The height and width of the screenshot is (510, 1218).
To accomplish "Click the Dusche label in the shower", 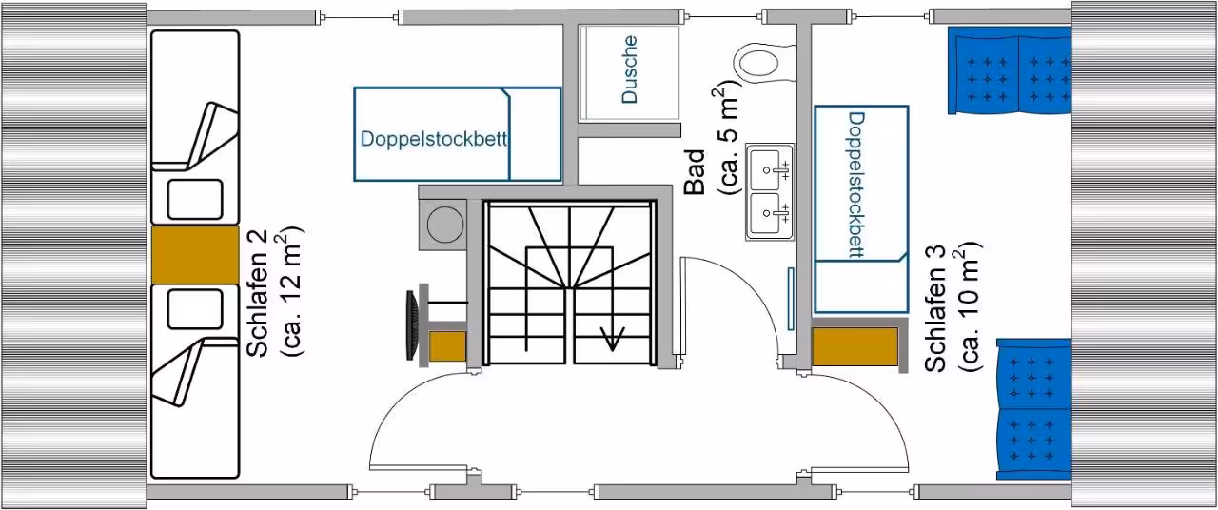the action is click(629, 69).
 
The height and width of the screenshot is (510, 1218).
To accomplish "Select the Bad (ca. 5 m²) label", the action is click(713, 139).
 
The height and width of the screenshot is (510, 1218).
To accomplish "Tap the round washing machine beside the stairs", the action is click(444, 225).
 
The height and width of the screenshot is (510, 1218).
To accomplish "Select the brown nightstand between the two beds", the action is click(195, 254).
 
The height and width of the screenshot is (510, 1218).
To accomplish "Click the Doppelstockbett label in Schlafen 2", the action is click(433, 139).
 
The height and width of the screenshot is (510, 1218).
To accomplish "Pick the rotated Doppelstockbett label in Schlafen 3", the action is click(855, 185).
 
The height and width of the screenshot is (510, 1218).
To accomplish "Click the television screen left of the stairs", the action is click(413, 325).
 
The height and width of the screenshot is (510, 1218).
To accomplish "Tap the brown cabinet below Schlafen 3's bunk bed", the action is click(855, 345).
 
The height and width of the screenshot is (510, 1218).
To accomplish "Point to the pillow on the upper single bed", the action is click(195, 199).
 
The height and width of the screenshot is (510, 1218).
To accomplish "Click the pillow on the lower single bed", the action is click(195, 309).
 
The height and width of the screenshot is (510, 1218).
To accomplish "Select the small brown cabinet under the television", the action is click(447, 345).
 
